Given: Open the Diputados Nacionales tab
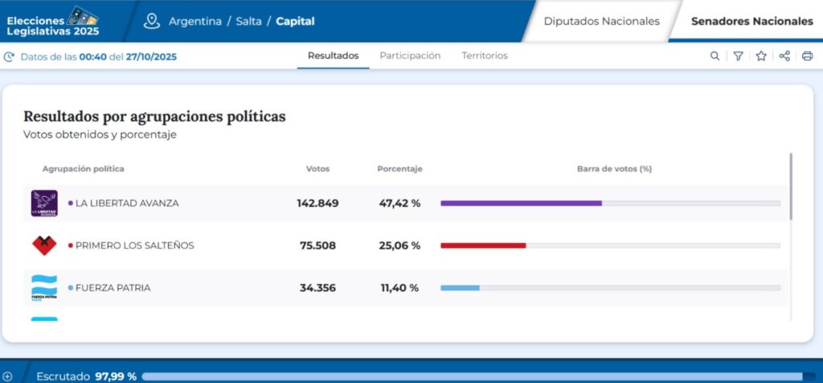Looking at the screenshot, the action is [601, 22].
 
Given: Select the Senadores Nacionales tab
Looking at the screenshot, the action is [751, 22].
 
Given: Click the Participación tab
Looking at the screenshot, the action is [410, 56].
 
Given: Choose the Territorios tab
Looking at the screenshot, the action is [485, 56].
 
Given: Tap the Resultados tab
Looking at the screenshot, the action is [334, 56].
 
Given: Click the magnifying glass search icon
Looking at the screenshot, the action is [714, 56].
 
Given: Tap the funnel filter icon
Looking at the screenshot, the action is [738, 56].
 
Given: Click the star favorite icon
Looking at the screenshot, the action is [761, 56].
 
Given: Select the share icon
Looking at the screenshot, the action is [784, 56].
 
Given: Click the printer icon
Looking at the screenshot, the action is [807, 56].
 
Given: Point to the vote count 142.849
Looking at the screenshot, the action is [317, 204].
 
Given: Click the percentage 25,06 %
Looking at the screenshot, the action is [399, 245].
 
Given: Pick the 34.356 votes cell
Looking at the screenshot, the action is [317, 288].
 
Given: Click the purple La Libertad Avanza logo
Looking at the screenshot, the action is [44, 204].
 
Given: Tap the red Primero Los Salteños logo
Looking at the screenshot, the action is [44, 245].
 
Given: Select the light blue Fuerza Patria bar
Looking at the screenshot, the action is [460, 288].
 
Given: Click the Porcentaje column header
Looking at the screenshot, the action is [399, 169].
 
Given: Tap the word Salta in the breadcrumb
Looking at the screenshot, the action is [248, 22].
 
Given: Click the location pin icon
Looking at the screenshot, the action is [152, 21].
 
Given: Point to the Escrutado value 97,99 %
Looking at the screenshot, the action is [116, 377].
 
